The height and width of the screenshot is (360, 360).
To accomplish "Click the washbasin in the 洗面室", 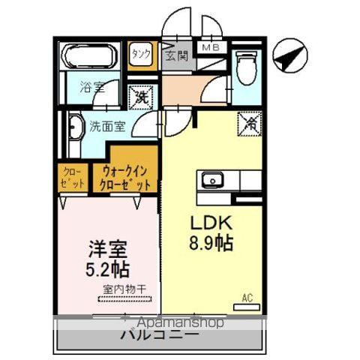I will click(x=73, y=129).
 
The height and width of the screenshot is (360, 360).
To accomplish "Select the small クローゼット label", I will click(x=73, y=177).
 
